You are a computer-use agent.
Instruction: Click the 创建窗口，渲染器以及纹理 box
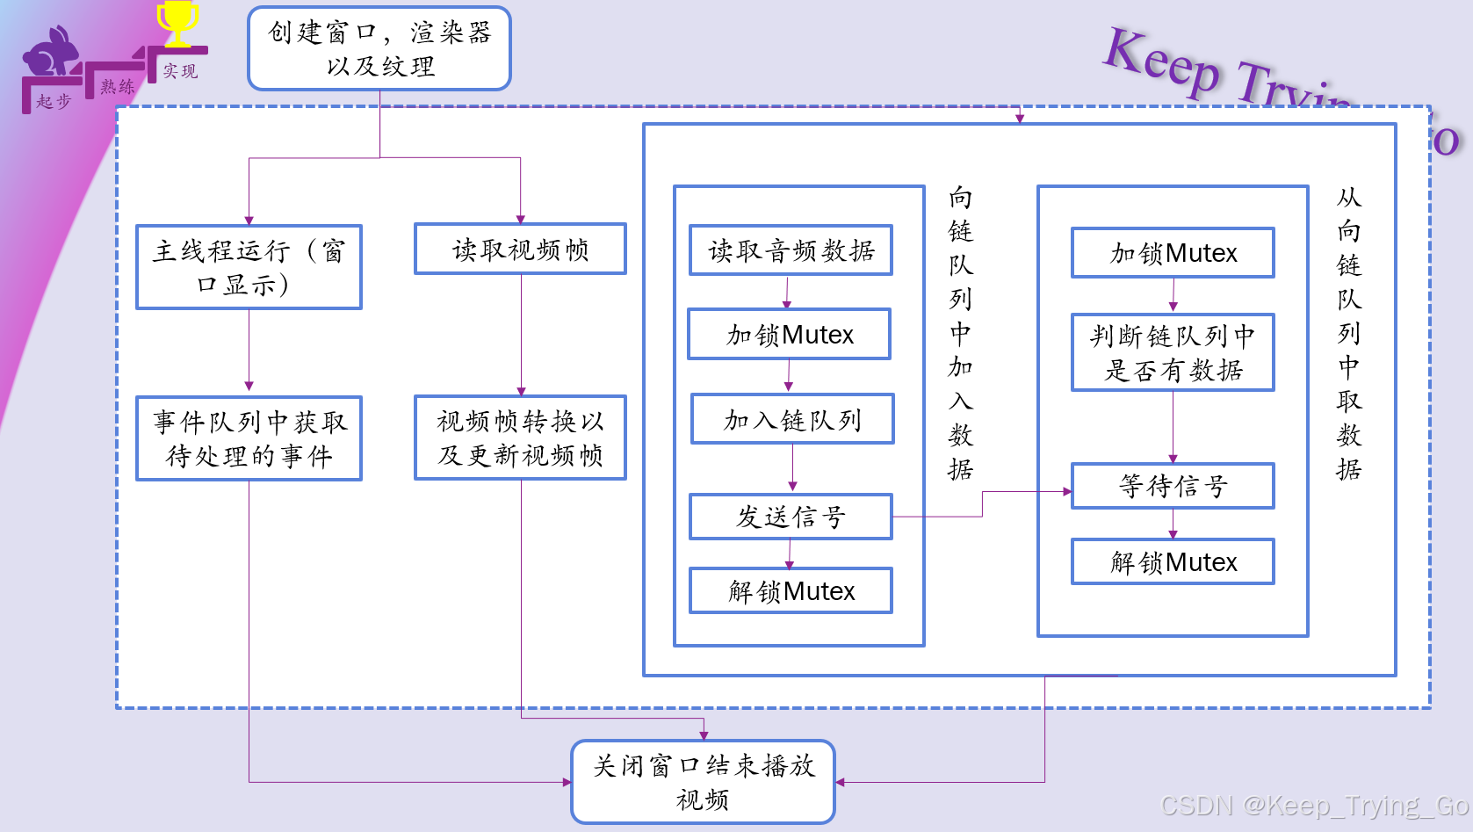(x=379, y=48)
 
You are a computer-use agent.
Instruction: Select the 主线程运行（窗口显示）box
(x=249, y=267)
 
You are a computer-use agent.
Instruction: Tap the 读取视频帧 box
(x=520, y=250)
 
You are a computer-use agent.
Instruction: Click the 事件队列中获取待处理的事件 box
(x=249, y=438)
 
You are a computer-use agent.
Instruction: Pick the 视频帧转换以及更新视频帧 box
(x=520, y=438)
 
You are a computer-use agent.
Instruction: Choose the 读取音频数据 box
(x=791, y=250)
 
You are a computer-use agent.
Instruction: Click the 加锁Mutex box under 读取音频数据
(x=789, y=334)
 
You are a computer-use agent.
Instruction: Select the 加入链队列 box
(x=791, y=419)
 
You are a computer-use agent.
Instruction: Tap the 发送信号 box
(x=791, y=517)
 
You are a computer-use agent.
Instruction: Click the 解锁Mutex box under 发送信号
(x=791, y=590)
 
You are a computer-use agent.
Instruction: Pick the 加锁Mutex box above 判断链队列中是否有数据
(x=1173, y=253)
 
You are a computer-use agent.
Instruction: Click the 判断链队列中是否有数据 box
(x=1173, y=352)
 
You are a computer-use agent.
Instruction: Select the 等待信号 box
(x=1173, y=486)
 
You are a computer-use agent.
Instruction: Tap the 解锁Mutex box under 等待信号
(x=1173, y=561)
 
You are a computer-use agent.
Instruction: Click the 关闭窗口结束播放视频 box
(x=703, y=782)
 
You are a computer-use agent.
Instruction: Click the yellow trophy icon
(x=177, y=23)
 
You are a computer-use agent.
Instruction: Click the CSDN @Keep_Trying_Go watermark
(x=1314, y=805)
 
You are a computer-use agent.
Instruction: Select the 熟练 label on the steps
(x=117, y=86)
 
